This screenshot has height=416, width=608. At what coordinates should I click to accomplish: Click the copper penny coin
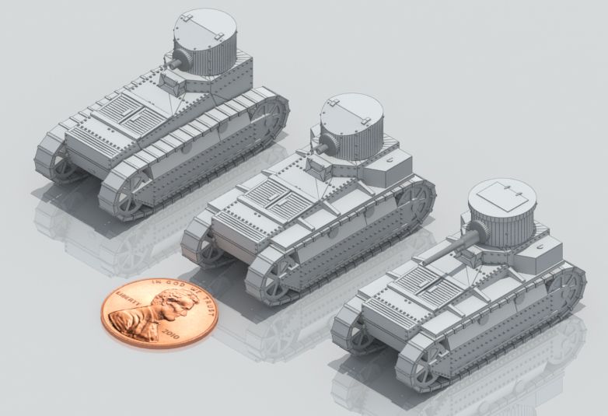tap(159, 313)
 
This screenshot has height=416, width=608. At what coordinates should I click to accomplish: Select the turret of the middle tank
tap(351, 126)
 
